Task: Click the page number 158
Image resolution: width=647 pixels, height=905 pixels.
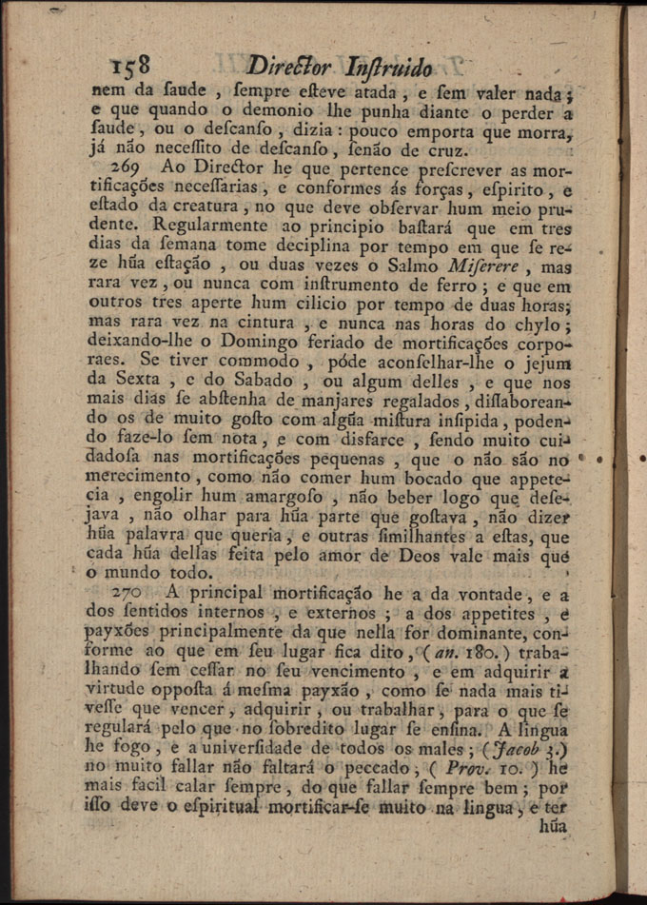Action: (x=130, y=66)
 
